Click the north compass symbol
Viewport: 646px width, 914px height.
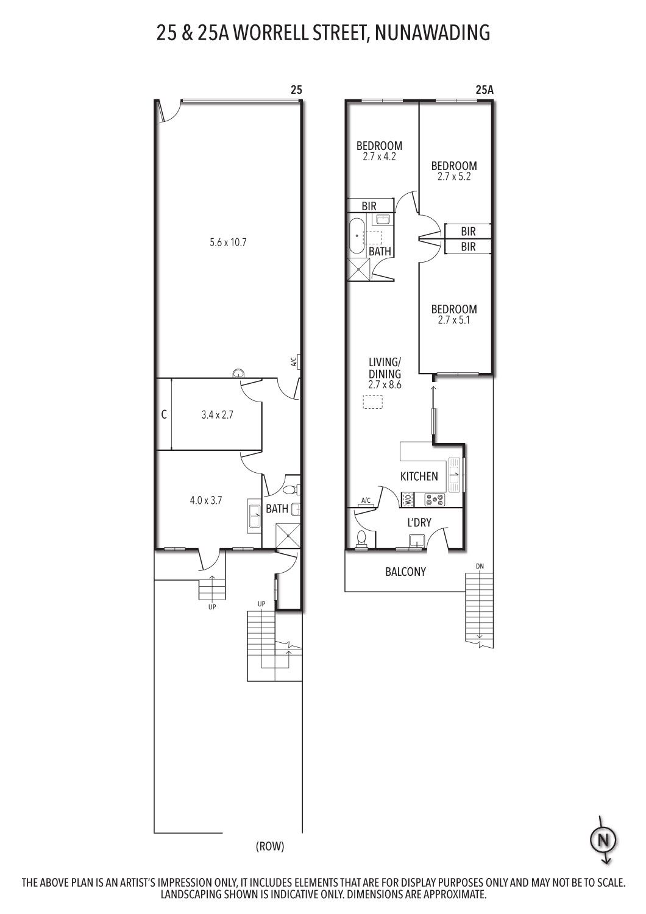(x=603, y=840)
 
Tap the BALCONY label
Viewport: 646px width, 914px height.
(x=405, y=572)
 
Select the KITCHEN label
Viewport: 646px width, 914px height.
(x=419, y=476)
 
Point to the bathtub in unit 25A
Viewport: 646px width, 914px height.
(x=358, y=237)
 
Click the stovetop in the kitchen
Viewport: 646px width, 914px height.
(x=435, y=500)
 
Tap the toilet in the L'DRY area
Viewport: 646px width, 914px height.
(x=361, y=538)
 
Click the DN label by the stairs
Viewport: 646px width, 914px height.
(x=480, y=566)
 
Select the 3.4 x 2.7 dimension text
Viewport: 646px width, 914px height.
(x=217, y=415)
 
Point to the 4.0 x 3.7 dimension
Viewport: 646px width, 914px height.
(x=205, y=500)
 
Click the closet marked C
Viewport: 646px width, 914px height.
(x=164, y=414)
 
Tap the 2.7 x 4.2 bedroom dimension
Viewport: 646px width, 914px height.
(x=379, y=157)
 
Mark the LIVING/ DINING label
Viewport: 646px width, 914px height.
(x=385, y=367)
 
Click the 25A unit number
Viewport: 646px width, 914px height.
(x=484, y=90)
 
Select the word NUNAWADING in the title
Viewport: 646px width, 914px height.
(x=432, y=33)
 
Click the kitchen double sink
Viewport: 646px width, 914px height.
(x=454, y=475)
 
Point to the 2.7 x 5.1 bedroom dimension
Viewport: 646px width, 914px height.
(x=454, y=320)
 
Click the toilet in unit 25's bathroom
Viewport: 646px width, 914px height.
(x=291, y=489)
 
